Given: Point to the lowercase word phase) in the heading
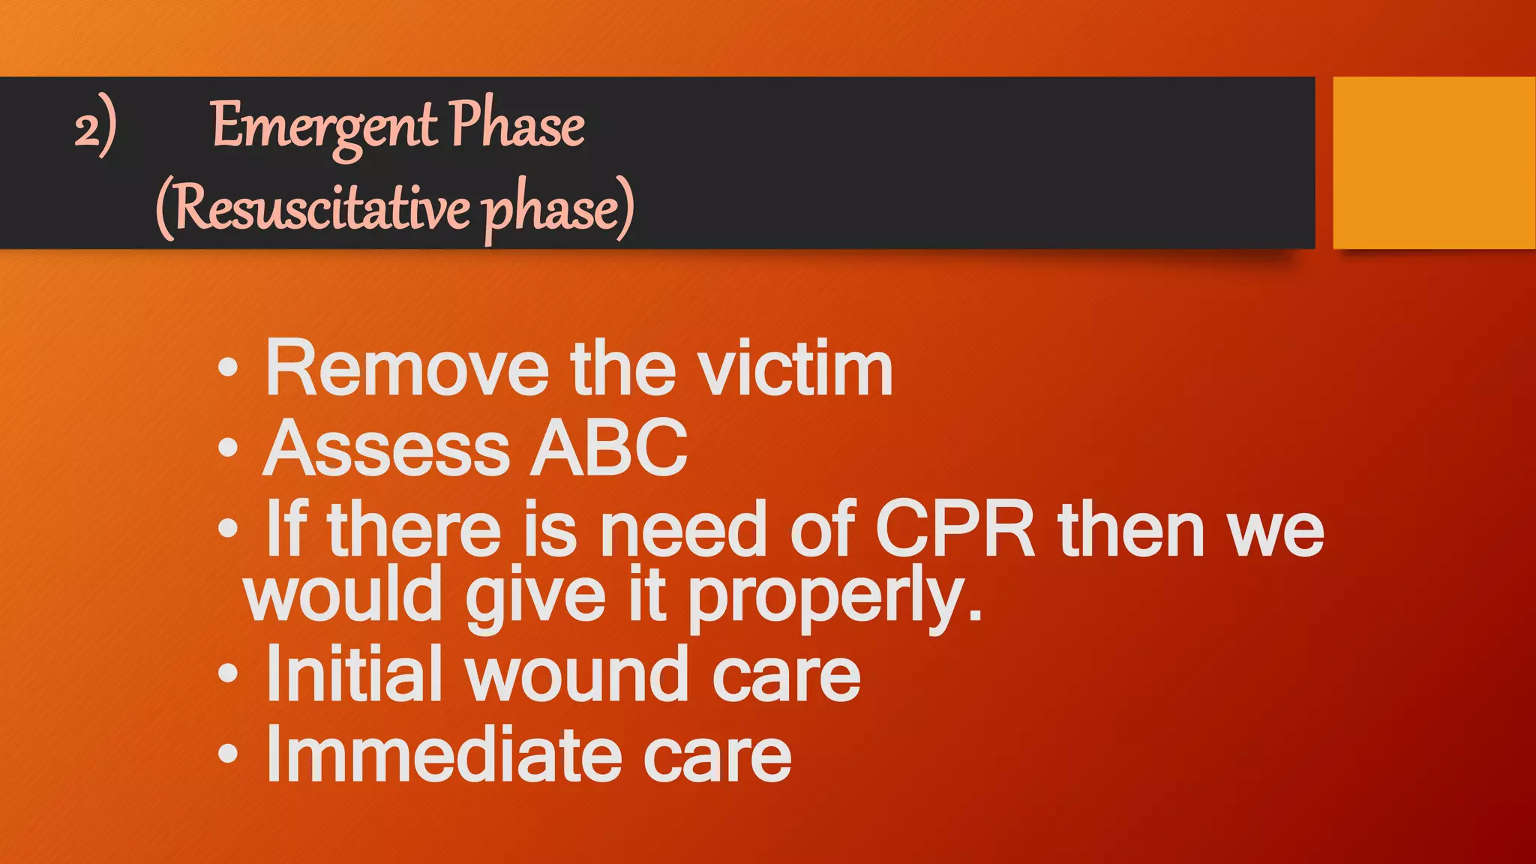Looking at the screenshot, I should pyautogui.click(x=558, y=210).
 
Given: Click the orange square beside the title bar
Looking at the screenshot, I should pyautogui.click(x=1433, y=163).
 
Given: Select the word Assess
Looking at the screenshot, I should pyautogui.click(x=386, y=448).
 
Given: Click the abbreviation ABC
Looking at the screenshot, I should pyautogui.click(x=609, y=448).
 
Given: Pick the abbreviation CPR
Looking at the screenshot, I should pyautogui.click(x=955, y=529).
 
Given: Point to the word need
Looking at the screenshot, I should pyautogui.click(x=683, y=529).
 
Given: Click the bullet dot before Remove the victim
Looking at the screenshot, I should pyautogui.click(x=228, y=368).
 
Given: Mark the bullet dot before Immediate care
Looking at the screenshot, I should pyautogui.click(x=228, y=754).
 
